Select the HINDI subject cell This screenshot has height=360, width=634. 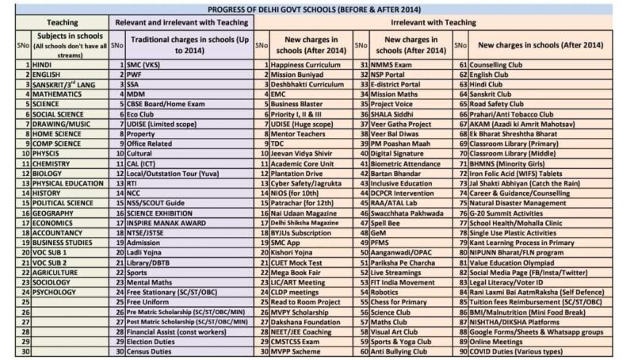pyautogui.click(x=44, y=63)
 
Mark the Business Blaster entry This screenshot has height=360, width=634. pyautogui.click(x=298, y=103)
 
